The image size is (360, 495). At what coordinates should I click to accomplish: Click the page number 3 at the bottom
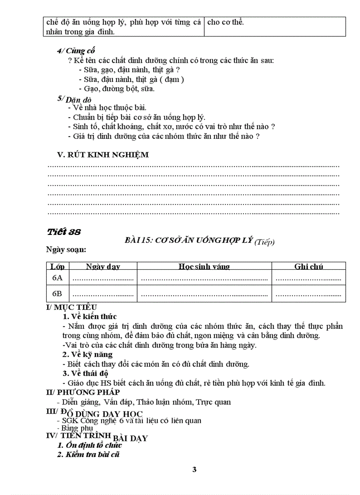(x=194, y=469)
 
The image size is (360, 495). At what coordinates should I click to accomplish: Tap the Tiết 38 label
(x=64, y=231)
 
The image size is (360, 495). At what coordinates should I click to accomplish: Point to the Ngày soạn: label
(x=66, y=249)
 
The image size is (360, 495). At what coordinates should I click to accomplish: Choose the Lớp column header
(x=57, y=266)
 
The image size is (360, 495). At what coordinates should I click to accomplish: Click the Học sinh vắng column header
(x=204, y=266)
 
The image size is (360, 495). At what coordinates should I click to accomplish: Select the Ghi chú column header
(x=308, y=266)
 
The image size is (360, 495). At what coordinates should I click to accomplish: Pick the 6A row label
(x=57, y=278)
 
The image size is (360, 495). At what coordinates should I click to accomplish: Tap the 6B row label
(x=57, y=294)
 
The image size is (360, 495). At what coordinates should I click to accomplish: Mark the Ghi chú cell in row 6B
(x=308, y=294)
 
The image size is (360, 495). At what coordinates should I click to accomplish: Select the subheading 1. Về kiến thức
(x=90, y=316)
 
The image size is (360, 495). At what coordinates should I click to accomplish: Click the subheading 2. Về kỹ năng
(x=87, y=354)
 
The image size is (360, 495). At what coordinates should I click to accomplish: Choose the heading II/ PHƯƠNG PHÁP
(x=82, y=392)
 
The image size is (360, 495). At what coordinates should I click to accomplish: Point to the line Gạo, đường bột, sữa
(x=116, y=89)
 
